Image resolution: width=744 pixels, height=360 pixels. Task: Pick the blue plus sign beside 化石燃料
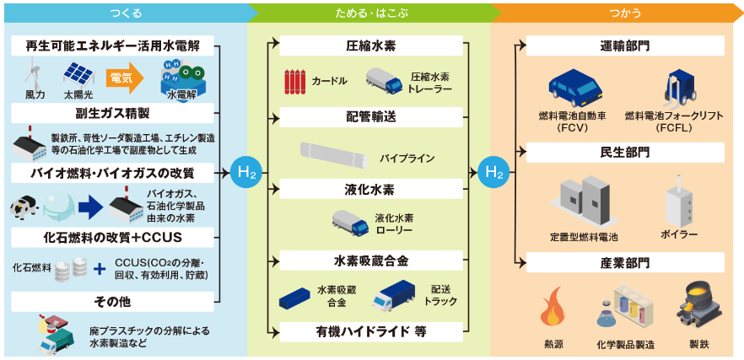[99, 270]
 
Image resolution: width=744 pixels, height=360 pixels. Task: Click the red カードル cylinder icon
[292, 81]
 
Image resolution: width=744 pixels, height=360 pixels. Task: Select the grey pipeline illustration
[335, 157]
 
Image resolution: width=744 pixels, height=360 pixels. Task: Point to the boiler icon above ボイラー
[680, 201]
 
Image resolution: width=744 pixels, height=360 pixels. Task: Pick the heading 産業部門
[625, 262]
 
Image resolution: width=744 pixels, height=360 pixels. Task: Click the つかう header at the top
[625, 13]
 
